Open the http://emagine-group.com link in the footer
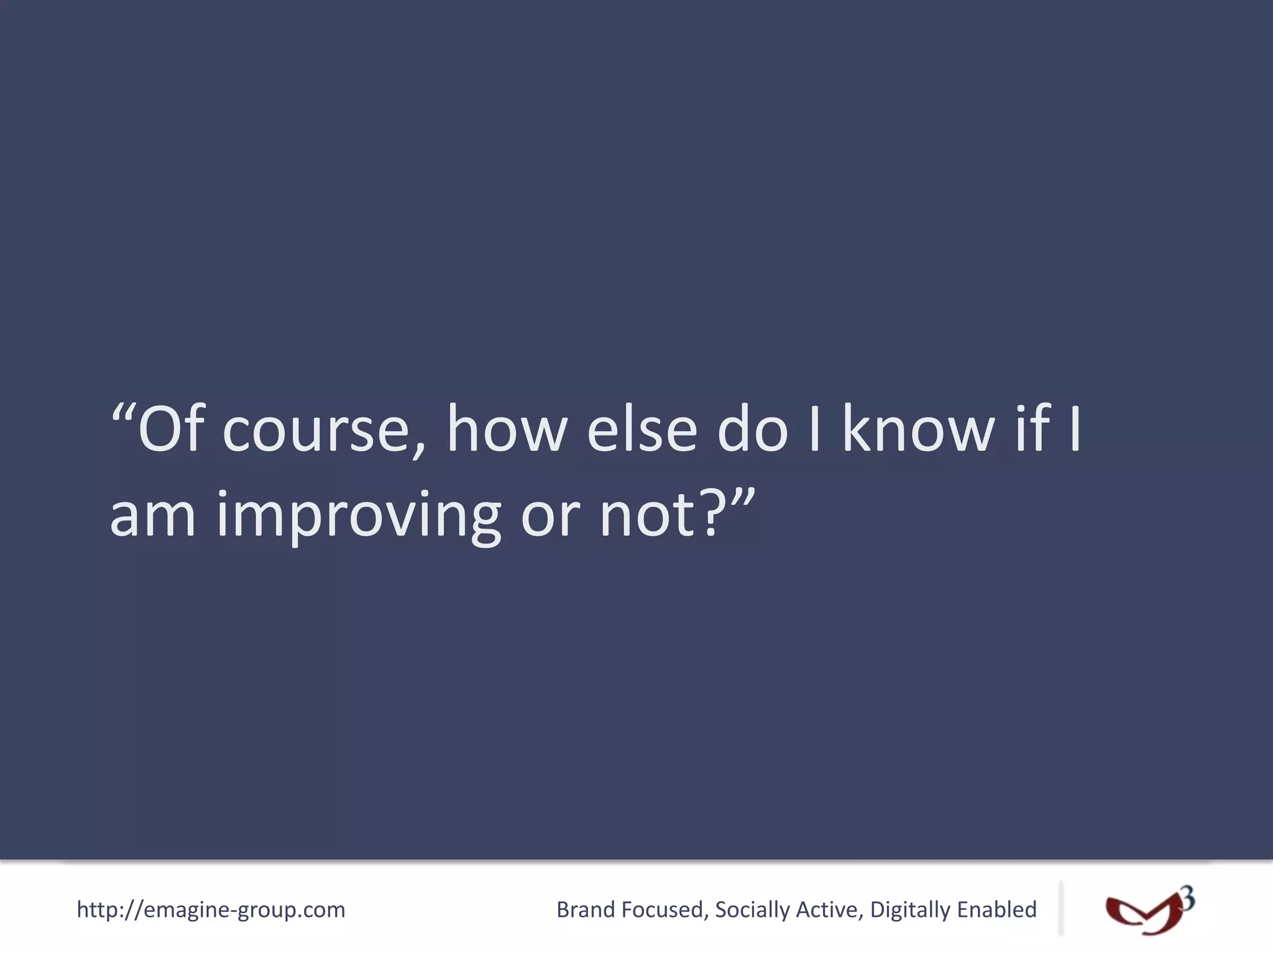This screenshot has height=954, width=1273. tap(211, 910)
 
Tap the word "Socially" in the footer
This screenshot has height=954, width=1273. tap(752, 911)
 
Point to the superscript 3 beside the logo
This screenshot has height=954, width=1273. tap(1187, 898)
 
